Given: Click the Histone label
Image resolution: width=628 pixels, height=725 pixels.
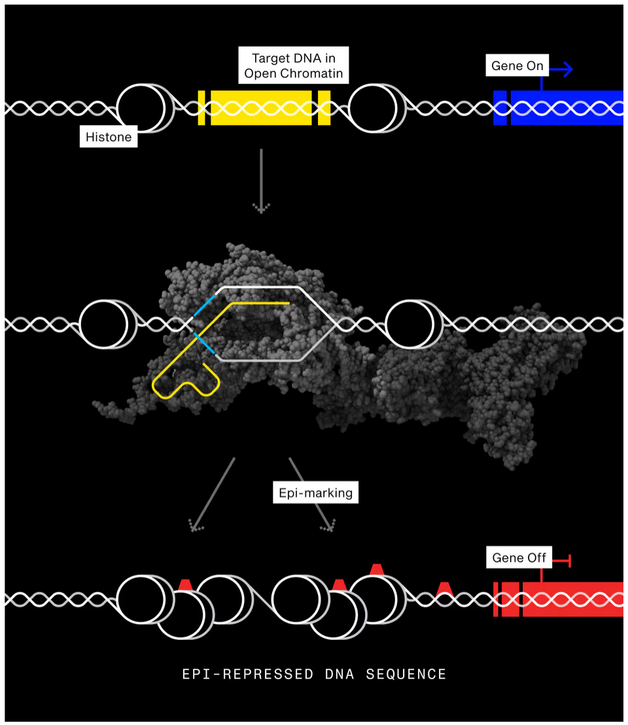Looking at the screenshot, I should click(109, 137).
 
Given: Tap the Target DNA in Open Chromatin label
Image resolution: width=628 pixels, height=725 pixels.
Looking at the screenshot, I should click(293, 64).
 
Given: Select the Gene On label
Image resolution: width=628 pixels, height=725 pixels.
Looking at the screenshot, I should click(517, 66).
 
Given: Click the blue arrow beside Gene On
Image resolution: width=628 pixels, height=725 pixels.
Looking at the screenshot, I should click(562, 68).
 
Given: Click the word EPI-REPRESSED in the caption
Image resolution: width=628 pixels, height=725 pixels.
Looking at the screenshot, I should click(248, 674).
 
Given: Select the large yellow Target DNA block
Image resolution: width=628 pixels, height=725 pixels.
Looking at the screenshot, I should click(261, 107).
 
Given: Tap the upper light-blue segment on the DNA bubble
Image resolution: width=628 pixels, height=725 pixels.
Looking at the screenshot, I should click(204, 305).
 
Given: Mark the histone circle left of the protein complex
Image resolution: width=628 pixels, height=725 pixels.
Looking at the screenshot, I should click(103, 324).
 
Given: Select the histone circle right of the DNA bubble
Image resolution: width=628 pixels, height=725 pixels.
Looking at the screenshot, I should click(410, 324).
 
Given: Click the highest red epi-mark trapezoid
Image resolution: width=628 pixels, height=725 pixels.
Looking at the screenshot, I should click(376, 569).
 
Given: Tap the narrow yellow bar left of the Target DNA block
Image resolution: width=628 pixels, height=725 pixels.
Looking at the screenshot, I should click(201, 107).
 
